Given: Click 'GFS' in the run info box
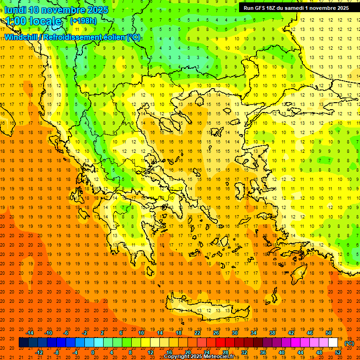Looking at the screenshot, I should [261, 8].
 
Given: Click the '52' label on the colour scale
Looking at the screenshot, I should [338, 352].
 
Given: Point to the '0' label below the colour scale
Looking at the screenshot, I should [93, 352].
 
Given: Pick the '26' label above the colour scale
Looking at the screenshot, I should [216, 333].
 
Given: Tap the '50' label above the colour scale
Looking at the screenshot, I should [329, 333].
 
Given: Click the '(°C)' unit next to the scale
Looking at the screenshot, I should [349, 343].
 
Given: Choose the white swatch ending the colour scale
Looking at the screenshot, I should [333, 343].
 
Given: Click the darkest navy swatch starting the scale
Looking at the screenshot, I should [23, 343].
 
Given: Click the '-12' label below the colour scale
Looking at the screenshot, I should [39, 352].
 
